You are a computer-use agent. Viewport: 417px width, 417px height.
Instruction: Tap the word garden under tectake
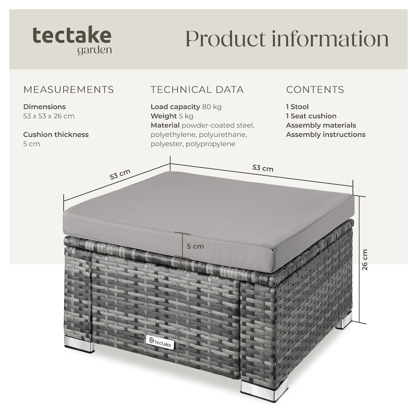[94, 50]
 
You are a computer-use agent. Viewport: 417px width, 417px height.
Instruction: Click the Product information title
[287, 39]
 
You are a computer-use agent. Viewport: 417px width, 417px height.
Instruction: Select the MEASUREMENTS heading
[68, 89]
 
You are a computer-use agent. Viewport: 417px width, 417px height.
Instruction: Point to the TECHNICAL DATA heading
[197, 89]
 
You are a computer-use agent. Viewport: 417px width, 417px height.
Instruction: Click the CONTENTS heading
[315, 89]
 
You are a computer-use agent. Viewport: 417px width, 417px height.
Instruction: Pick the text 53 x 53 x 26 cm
[49, 116]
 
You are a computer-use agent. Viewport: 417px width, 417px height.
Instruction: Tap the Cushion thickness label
[56, 135]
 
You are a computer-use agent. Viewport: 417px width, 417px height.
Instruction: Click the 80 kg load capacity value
[212, 107]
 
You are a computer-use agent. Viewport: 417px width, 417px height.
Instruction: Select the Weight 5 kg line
[172, 116]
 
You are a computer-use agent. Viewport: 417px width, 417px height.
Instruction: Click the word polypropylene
[210, 144]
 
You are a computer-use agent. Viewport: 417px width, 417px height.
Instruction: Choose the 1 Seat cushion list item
[311, 116]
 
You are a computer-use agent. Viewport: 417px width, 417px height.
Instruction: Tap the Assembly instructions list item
[326, 135]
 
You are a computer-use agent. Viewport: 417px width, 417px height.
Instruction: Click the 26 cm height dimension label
[364, 260]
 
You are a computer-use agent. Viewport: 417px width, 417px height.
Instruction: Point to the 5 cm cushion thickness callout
[195, 246]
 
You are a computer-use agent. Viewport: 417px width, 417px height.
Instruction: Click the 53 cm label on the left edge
[120, 174]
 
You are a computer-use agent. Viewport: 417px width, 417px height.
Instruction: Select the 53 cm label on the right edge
[263, 168]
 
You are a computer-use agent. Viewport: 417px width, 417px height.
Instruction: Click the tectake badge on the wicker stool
[160, 342]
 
